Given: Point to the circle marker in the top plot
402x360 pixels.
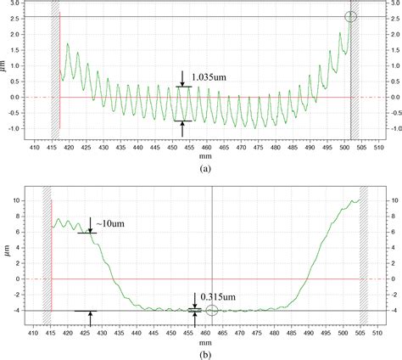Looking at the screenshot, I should (x=351, y=17).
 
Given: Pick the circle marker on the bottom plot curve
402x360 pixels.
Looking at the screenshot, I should (x=211, y=310).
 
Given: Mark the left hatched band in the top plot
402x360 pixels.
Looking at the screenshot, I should (x=55, y=68).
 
